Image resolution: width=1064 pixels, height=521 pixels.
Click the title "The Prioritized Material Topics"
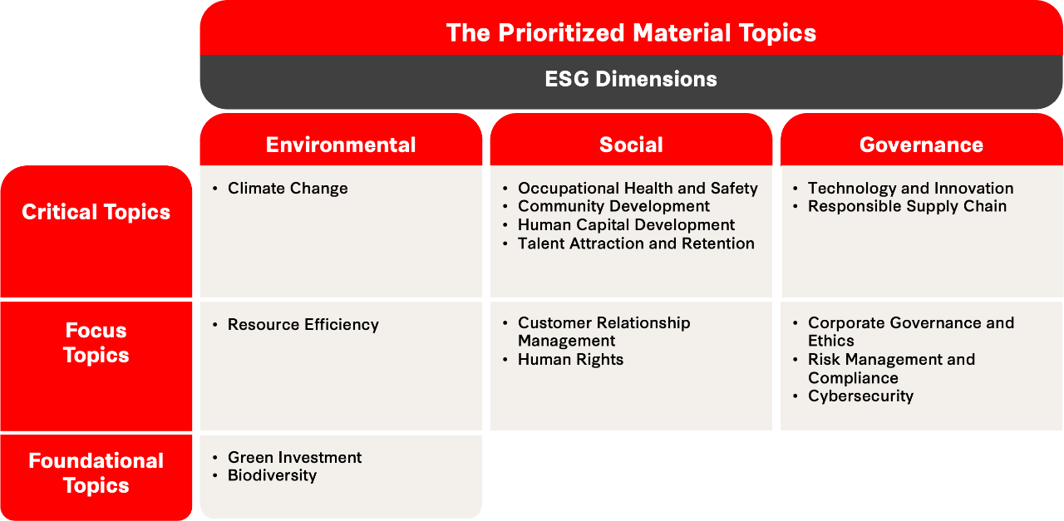tap(631, 32)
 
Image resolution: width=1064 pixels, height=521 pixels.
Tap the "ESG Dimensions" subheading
tap(631, 79)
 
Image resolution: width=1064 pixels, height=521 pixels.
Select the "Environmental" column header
tap(341, 145)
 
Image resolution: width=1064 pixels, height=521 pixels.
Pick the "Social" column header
tap(631, 145)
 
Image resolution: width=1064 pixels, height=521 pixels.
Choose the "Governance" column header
tap(921, 145)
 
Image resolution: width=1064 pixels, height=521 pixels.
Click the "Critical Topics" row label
tap(96, 212)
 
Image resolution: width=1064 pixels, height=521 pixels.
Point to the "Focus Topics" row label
tap(96, 342)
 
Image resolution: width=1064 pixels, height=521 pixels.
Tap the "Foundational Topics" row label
tap(96, 473)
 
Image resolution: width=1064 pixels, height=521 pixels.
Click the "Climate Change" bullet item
tap(288, 189)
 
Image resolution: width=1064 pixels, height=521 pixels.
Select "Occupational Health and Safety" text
tap(638, 189)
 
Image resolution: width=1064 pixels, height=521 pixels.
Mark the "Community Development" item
tap(613, 206)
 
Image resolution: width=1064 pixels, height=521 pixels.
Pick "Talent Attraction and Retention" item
tap(636, 243)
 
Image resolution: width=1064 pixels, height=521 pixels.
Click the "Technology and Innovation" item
tap(910, 189)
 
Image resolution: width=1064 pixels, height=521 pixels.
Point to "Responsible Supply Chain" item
tap(907, 206)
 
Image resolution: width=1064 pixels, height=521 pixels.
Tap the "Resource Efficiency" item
tap(303, 325)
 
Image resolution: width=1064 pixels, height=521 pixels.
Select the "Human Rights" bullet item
tap(570, 360)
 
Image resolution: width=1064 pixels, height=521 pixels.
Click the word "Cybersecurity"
tap(860, 396)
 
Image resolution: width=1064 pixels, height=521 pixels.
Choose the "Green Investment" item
tap(294, 458)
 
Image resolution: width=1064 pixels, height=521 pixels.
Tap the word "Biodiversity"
tap(272, 475)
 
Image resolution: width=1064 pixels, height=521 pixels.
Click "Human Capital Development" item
tap(626, 225)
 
